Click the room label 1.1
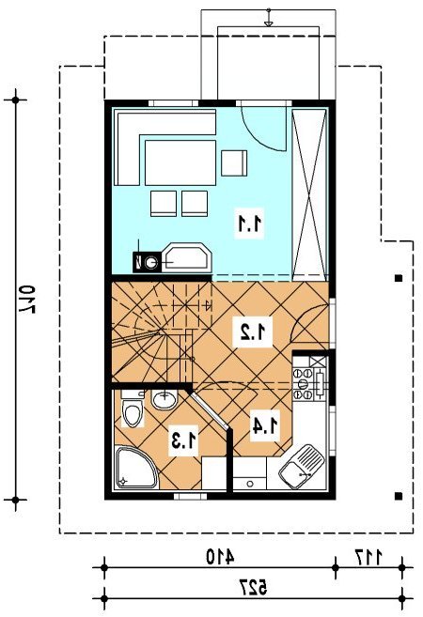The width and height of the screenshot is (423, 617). tap(250, 224)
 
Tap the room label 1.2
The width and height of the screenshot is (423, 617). tap(252, 332)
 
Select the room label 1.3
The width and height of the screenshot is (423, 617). tap(183, 440)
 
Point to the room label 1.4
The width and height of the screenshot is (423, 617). tap(265, 425)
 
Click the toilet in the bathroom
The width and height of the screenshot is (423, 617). tap(132, 409)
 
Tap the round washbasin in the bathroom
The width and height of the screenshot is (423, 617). tap(164, 399)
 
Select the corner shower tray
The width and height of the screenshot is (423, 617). tap(135, 468)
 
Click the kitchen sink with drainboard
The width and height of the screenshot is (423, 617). tap(302, 467)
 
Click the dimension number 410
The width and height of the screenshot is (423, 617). tap(220, 556)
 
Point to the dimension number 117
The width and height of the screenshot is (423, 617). tap(368, 556)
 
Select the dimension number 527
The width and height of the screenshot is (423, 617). tap(253, 587)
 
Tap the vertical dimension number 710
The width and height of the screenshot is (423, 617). tap(26, 299)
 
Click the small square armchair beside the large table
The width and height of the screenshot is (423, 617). tap(234, 163)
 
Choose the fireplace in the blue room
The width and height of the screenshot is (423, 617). tap(186, 257)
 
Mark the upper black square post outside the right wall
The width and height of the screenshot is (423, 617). tap(399, 278)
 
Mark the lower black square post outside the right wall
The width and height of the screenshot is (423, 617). tap(399, 496)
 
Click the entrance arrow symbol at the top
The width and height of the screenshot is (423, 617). tap(268, 18)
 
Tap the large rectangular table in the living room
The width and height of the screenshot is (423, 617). tap(180, 162)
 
